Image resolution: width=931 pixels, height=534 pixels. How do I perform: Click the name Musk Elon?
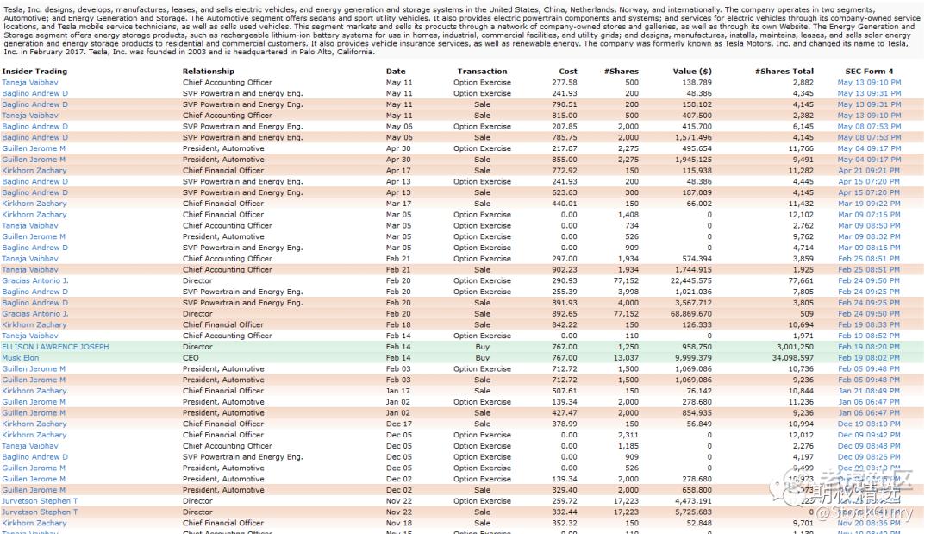click(x=21, y=358)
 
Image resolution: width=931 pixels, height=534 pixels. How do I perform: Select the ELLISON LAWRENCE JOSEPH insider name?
click(x=55, y=347)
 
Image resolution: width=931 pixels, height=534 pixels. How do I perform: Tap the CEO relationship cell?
click(x=190, y=358)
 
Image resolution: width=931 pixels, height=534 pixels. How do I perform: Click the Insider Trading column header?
click(x=34, y=72)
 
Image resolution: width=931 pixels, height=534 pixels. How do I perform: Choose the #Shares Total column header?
click(x=784, y=72)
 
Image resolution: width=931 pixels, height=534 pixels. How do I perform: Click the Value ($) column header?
click(x=692, y=72)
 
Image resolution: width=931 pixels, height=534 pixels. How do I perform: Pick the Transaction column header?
click(x=482, y=72)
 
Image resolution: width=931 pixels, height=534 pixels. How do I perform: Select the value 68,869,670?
click(x=689, y=314)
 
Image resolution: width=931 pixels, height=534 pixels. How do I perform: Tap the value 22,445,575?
click(x=689, y=280)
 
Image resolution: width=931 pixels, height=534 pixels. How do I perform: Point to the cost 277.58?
click(x=565, y=83)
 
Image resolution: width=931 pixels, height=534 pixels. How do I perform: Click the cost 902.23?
click(x=565, y=270)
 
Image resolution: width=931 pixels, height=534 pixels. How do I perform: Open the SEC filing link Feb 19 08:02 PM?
click(x=869, y=358)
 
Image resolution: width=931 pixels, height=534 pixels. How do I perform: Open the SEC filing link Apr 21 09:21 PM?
click(x=869, y=171)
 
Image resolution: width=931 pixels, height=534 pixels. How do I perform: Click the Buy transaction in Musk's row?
click(x=482, y=358)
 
